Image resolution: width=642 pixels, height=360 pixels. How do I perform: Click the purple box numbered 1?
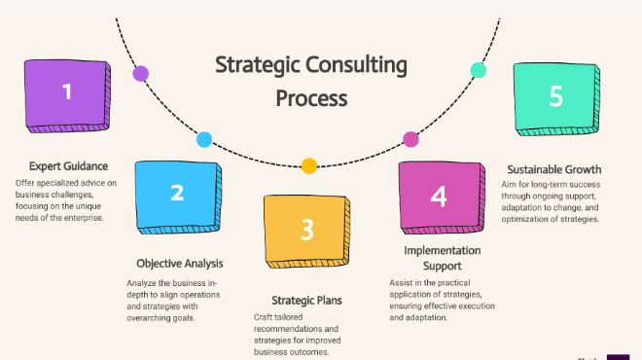coord(67,95)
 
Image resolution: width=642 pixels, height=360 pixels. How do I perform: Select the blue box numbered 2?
coord(178,198)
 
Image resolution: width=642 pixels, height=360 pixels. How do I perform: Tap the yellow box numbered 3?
coord(306,232)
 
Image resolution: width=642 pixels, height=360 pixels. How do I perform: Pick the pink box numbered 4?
coord(442,198)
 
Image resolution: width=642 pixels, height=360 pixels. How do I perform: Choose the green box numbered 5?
coord(556,99)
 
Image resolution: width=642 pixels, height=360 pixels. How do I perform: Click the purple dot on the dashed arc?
coord(140,74)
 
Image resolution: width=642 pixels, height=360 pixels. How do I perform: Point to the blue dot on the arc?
coord(204,140)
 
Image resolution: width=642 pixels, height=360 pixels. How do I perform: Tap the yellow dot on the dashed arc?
coord(309,165)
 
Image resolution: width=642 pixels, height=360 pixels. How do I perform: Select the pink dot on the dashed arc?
coord(410,139)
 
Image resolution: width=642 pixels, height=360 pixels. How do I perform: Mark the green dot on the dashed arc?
coord(479,70)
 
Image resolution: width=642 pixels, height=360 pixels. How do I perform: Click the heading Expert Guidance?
coord(68,166)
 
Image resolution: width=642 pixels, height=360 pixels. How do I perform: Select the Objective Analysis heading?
coord(180,264)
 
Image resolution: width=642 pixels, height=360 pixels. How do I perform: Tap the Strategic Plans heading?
coord(306,301)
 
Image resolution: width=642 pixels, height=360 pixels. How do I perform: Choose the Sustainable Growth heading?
coord(554,169)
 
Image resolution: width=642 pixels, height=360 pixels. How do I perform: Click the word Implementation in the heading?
coord(443,251)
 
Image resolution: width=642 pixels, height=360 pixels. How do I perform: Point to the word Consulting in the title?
coord(356,65)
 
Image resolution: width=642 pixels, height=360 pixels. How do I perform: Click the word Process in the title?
coord(311,98)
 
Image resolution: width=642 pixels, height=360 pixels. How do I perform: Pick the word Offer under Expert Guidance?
coord(24,183)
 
